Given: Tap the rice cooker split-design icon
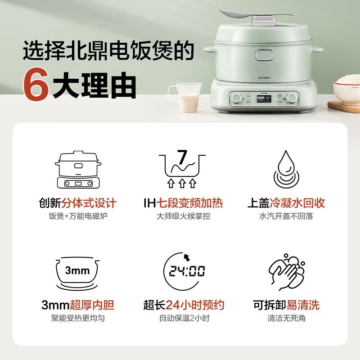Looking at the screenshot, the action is [x=78, y=170].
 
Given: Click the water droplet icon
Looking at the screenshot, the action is [x=286, y=170].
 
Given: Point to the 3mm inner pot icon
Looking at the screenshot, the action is [x=77, y=273].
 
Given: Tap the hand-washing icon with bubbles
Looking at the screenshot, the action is [x=287, y=272].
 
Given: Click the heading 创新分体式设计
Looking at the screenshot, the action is [x=77, y=203].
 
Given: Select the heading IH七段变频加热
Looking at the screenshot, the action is [x=183, y=203].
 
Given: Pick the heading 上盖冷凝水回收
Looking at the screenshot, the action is [x=286, y=203].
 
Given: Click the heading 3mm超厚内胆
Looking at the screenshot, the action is [x=77, y=305].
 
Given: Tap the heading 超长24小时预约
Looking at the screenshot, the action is [x=184, y=305].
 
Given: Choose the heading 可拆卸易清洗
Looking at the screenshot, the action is [x=286, y=305].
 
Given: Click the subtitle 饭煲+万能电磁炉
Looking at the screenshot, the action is [x=78, y=216].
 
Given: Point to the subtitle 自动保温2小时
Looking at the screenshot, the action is [x=184, y=318].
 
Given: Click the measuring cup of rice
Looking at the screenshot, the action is [x=186, y=97].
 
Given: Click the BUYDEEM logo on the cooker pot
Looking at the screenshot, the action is [x=264, y=78].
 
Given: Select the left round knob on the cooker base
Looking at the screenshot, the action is [x=236, y=99].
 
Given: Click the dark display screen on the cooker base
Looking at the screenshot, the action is [x=264, y=99].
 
